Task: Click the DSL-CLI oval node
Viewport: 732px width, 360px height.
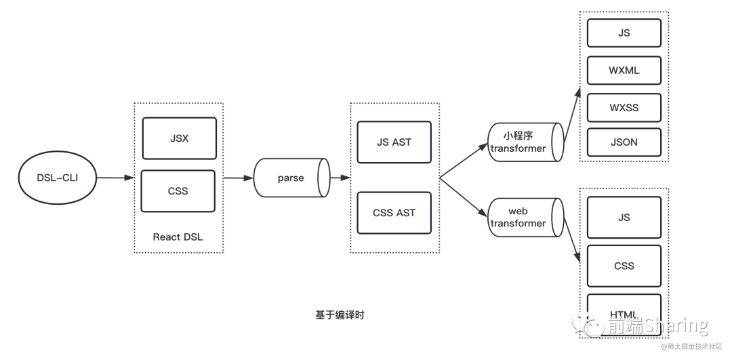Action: [x=57, y=178]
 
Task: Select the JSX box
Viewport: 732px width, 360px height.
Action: [x=179, y=138]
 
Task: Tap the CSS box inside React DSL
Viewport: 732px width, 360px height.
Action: [x=178, y=191]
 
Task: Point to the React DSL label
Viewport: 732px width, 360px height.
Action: [x=178, y=237]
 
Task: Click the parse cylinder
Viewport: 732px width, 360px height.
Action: [x=291, y=178]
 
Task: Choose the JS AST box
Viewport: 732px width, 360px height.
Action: [x=394, y=142]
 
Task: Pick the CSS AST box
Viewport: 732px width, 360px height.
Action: [x=394, y=212]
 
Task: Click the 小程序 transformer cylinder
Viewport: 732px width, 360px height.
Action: [x=525, y=142]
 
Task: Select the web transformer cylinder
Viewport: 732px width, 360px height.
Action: [x=525, y=217]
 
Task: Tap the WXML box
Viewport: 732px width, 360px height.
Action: [x=624, y=70]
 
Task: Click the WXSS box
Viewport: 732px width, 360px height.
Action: [x=624, y=107]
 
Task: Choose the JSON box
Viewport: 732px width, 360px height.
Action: [x=624, y=142]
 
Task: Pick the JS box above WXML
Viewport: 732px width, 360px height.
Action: [x=624, y=33]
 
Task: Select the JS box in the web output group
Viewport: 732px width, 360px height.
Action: [x=624, y=217]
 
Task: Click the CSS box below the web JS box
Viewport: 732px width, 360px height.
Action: [x=624, y=266]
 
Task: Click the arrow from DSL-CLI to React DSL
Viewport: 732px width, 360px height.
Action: [x=115, y=178]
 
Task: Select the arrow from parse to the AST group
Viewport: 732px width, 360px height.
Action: [x=340, y=178]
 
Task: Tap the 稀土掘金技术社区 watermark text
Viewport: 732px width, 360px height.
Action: [x=691, y=346]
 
